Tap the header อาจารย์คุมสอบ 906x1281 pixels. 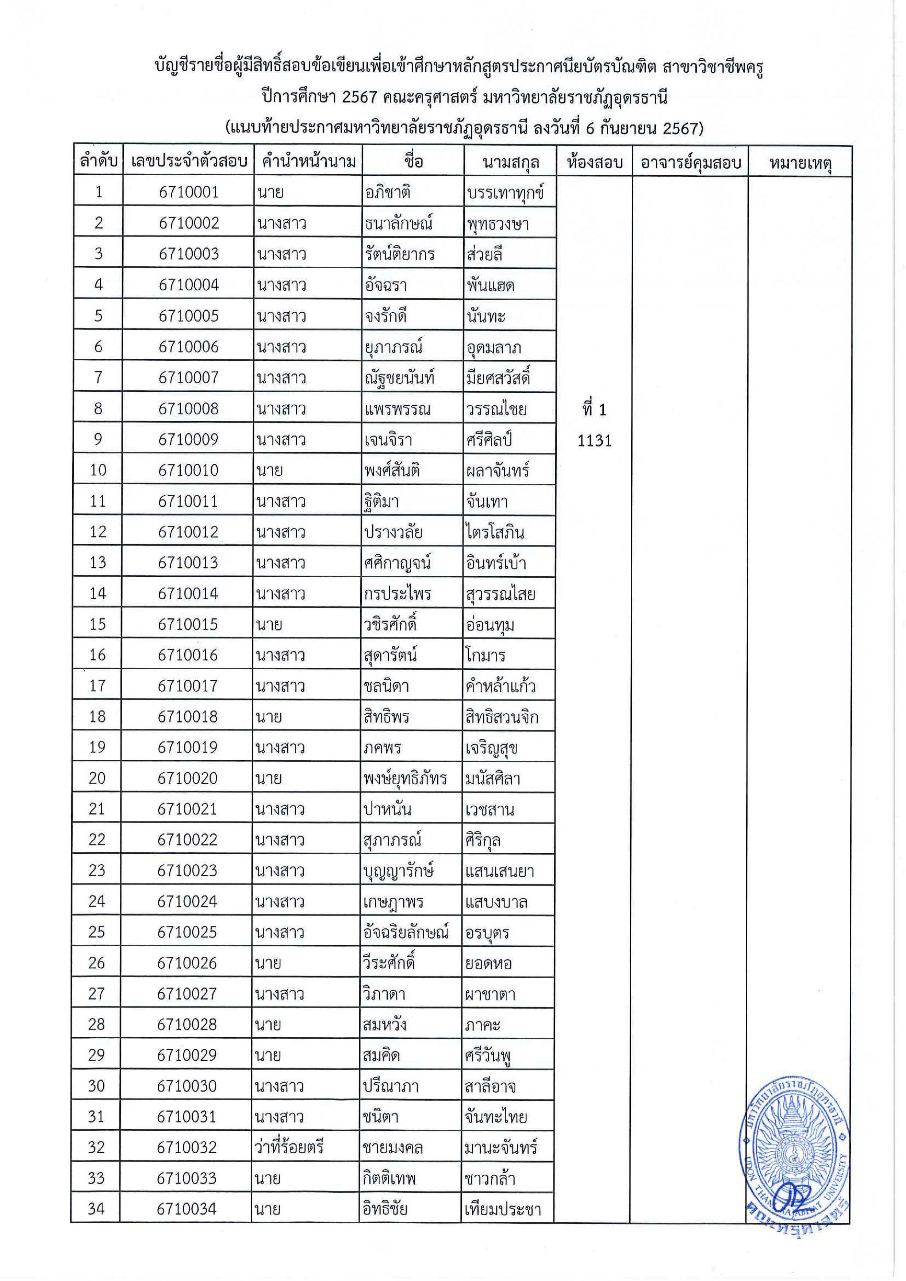point(690,163)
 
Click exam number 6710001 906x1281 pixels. point(189,192)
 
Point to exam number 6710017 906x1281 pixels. point(188,686)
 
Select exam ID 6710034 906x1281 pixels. point(186,1209)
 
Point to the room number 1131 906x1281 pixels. point(594,441)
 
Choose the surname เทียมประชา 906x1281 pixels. point(502,1209)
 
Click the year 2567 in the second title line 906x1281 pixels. point(359,97)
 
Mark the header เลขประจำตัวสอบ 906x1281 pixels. point(189,162)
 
